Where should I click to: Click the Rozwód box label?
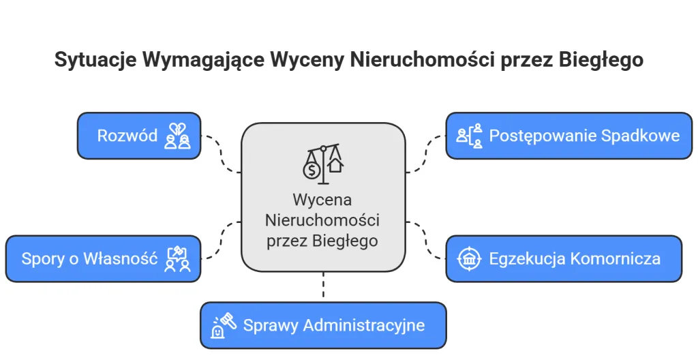point(127,135)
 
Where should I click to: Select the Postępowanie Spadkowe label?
point(584,135)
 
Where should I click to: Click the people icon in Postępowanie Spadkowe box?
point(469,135)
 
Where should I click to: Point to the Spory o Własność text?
point(89,258)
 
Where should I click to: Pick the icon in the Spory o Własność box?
point(178,258)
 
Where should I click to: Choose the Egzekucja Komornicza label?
point(574,258)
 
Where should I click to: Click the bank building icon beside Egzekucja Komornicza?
point(469,258)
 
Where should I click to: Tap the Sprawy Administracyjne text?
point(333,325)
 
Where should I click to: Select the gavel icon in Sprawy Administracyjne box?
point(224,325)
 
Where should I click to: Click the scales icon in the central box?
point(323,164)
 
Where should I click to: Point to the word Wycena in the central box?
point(322,200)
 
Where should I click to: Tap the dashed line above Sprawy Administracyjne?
point(323,286)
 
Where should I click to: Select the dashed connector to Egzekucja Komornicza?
point(427,240)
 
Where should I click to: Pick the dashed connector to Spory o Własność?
point(222,240)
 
